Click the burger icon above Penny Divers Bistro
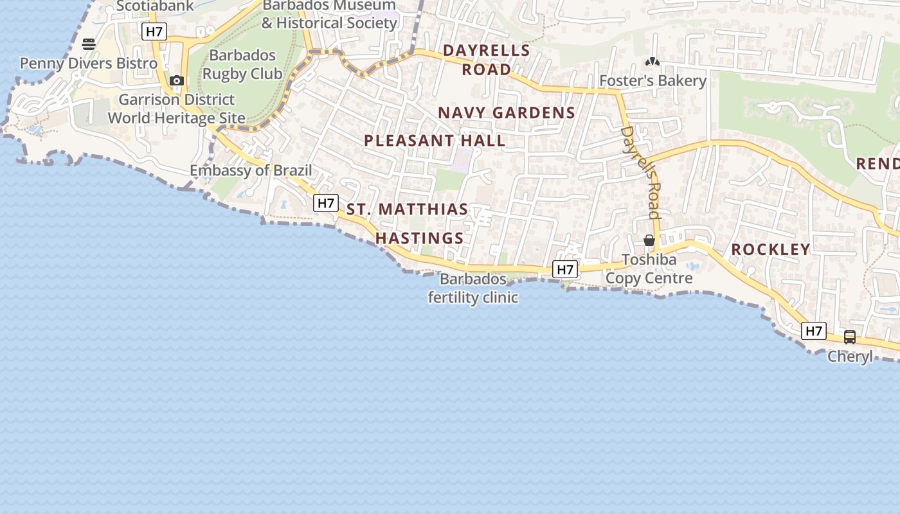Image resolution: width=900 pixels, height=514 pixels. tap(89, 44)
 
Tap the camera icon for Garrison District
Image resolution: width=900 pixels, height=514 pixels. tap(177, 81)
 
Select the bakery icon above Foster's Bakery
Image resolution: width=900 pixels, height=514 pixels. tap(652, 62)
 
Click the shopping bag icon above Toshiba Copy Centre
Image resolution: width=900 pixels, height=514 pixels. tap(649, 241)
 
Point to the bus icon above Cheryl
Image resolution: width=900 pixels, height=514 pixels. tap(850, 337)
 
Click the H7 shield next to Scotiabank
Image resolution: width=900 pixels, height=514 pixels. tap(154, 31)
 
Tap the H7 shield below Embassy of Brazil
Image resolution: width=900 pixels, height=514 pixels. tap(326, 204)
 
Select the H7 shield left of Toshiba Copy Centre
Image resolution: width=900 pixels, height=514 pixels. tap(565, 270)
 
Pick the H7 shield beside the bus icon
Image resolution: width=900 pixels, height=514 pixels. tap(814, 331)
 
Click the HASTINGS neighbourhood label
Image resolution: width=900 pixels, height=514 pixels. tap(420, 238)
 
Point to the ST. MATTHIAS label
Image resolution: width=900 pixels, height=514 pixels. tap(408, 209)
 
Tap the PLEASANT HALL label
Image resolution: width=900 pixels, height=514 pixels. tap(435, 141)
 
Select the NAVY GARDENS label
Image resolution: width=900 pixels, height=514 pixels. tap(507, 113)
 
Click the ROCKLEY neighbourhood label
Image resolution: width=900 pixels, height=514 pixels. tap(771, 249)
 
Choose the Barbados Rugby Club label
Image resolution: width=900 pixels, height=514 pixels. tap(242, 64)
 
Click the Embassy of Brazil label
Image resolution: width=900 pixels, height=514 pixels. tap(251, 171)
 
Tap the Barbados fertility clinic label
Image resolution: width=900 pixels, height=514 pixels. tap(474, 288)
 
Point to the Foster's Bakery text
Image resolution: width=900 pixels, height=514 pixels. tap(652, 81)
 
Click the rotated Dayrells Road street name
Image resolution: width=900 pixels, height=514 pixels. tap(641, 172)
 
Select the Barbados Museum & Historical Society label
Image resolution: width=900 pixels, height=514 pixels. tap(329, 14)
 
